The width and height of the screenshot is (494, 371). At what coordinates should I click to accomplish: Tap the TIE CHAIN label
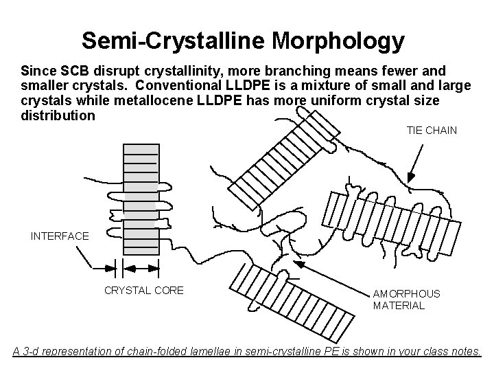click(x=432, y=130)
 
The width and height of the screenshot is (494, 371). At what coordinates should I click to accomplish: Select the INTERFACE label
click(x=60, y=236)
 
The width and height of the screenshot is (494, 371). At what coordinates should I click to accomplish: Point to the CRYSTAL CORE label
click(x=143, y=291)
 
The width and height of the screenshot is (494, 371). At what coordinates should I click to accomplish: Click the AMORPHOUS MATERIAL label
click(x=406, y=300)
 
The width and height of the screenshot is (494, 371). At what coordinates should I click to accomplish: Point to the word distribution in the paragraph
click(x=58, y=115)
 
